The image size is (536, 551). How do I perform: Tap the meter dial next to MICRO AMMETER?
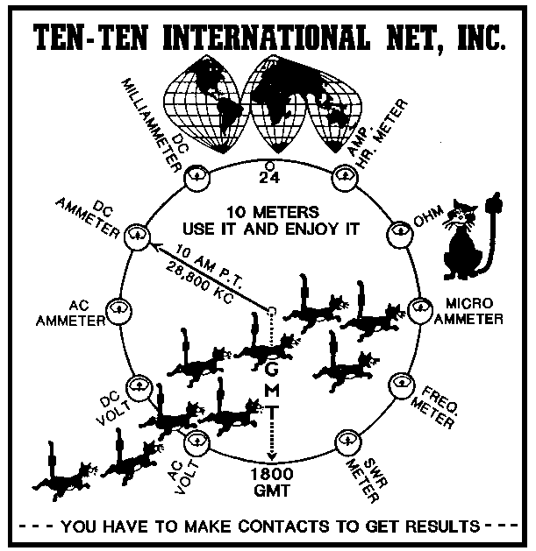(423, 309)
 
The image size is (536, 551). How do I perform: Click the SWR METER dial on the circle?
(347, 440)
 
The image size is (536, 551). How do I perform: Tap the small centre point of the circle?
(271, 310)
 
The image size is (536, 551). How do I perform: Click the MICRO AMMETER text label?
(473, 311)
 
